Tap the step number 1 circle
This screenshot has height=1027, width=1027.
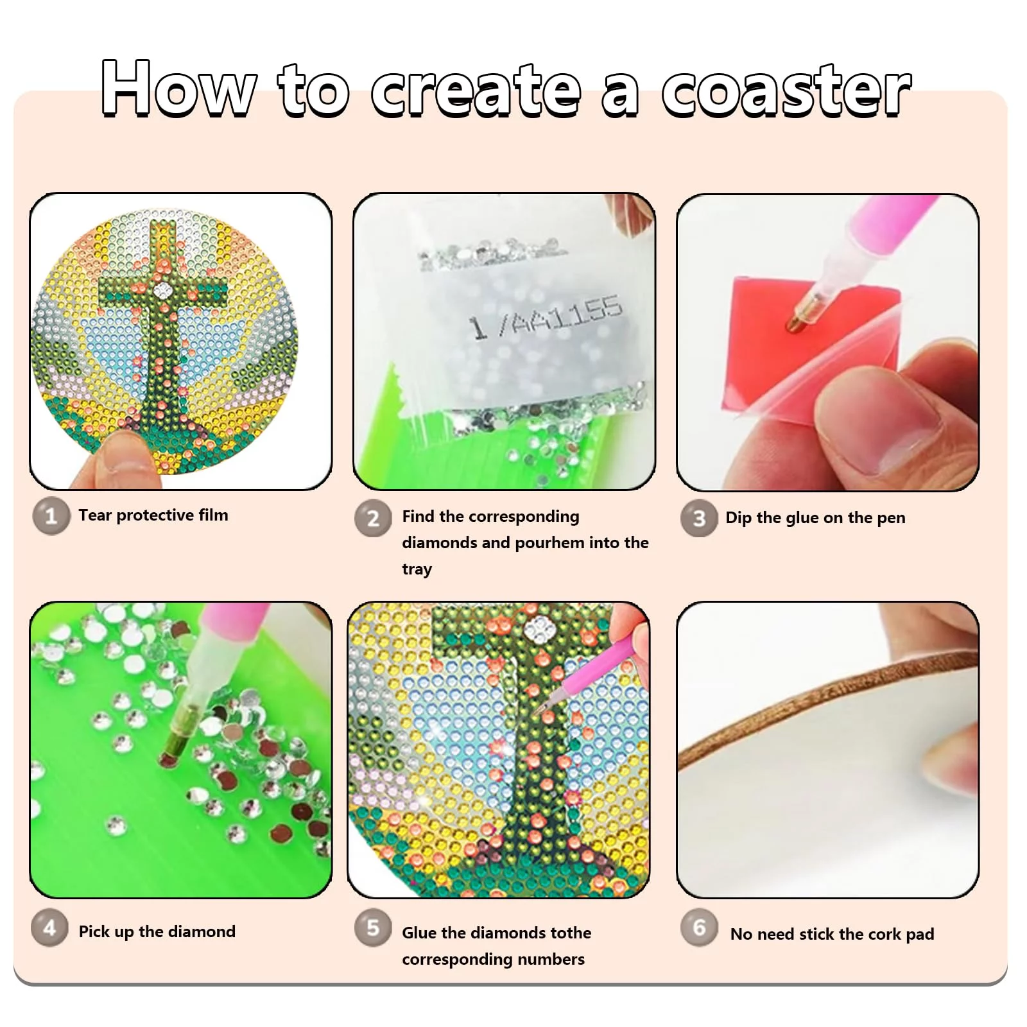click(51, 515)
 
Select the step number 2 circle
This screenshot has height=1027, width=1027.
click(373, 518)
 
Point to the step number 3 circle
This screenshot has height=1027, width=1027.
click(699, 518)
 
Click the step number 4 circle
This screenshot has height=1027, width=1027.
click(49, 928)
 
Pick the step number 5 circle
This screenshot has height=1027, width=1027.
click(373, 928)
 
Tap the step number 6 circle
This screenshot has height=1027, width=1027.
click(699, 928)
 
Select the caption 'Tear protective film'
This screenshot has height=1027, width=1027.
click(153, 515)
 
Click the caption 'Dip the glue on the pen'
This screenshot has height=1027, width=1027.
click(815, 518)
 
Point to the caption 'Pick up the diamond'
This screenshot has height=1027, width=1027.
click(157, 931)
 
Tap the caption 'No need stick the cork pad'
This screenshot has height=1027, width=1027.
click(832, 934)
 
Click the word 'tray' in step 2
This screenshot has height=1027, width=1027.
click(417, 569)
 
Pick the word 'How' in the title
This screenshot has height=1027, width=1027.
click(178, 89)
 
